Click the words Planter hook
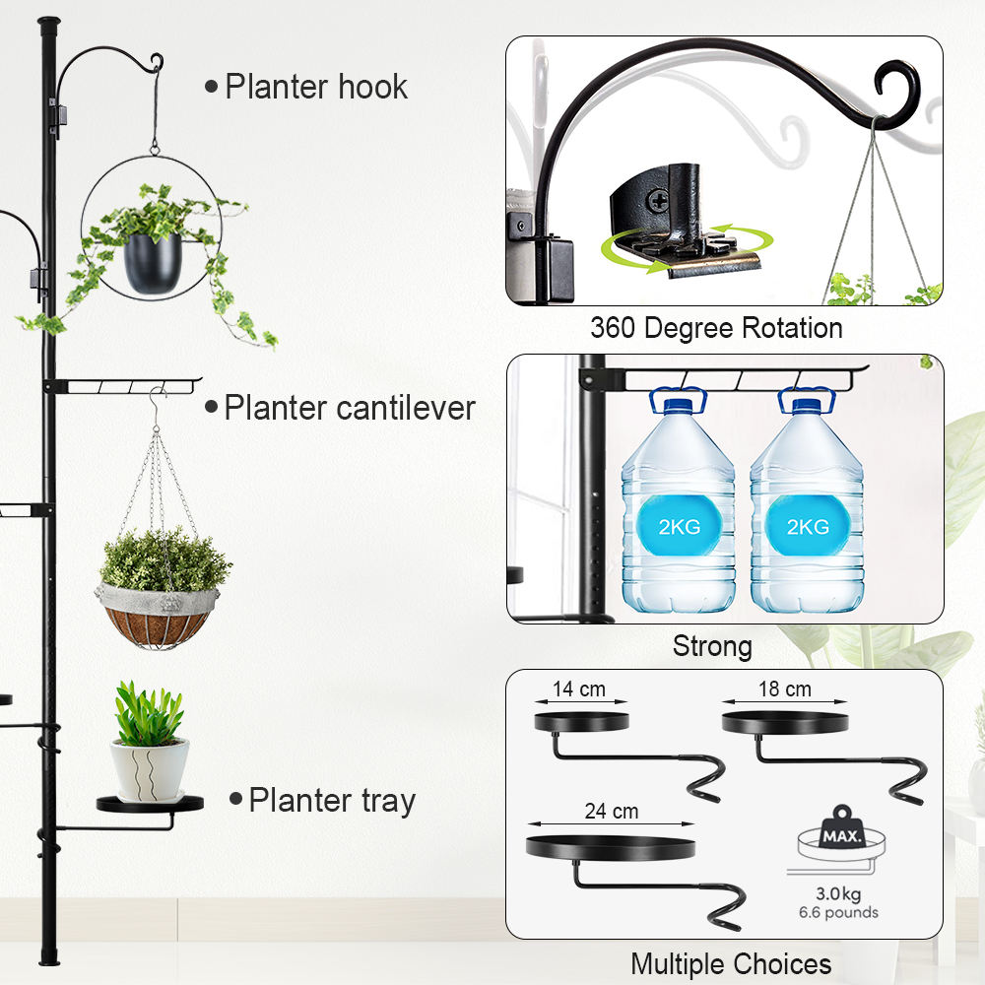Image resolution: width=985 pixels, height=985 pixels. [315, 87]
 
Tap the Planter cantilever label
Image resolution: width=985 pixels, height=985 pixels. [350, 408]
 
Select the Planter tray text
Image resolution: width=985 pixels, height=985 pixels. [332, 800]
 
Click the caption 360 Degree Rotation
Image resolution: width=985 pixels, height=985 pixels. [716, 328]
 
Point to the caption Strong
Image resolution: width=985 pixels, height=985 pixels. [712, 647]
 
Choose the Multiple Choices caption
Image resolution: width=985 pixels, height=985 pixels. [731, 963]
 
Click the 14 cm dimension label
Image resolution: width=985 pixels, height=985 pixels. [579, 689]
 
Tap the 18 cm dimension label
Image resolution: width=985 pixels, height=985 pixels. [785, 689]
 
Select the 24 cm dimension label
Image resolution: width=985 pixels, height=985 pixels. [611, 812]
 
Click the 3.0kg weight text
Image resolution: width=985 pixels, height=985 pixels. [837, 894]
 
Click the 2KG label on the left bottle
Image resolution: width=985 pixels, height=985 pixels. [680, 527]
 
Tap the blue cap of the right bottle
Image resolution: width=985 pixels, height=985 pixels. [807, 403]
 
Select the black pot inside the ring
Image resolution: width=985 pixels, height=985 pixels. [153, 261]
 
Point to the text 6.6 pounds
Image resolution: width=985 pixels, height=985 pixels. [838, 913]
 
